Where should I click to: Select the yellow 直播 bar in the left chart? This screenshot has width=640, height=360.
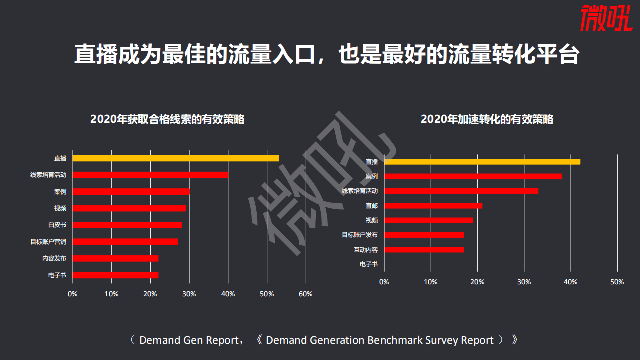pyautogui.click(x=175, y=158)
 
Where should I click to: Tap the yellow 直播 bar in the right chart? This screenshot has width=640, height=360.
pyautogui.click(x=482, y=162)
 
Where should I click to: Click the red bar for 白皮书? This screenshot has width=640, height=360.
pyautogui.click(x=127, y=225)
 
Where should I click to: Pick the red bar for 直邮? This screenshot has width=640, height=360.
pyautogui.click(x=433, y=206)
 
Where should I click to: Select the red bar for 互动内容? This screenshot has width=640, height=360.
pyautogui.click(x=424, y=250)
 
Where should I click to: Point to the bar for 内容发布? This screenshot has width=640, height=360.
pyautogui.click(x=115, y=258)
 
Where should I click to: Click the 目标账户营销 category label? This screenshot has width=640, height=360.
pyautogui.click(x=48, y=242)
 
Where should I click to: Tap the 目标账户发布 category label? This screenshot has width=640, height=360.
pyautogui.click(x=360, y=235)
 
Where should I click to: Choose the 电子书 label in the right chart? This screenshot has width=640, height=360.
pyautogui.click(x=369, y=264)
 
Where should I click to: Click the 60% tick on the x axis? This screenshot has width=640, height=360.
pyautogui.click(x=305, y=294)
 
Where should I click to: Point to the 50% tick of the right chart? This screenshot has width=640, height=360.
pyautogui.click(x=617, y=282)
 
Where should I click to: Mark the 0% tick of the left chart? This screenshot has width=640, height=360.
pyautogui.click(x=73, y=294)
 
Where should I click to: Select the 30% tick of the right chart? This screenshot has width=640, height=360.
pyautogui.click(x=524, y=282)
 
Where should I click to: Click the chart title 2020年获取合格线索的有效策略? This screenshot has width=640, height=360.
pyautogui.click(x=167, y=119)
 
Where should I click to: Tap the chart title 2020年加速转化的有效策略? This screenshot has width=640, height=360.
pyautogui.click(x=487, y=119)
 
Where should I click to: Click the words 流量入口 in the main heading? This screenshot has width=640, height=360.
pyautogui.click(x=271, y=55)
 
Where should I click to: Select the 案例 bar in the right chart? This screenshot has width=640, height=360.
pyautogui.click(x=473, y=176)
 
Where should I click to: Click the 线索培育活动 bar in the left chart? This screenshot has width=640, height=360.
pyautogui.click(x=150, y=175)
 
